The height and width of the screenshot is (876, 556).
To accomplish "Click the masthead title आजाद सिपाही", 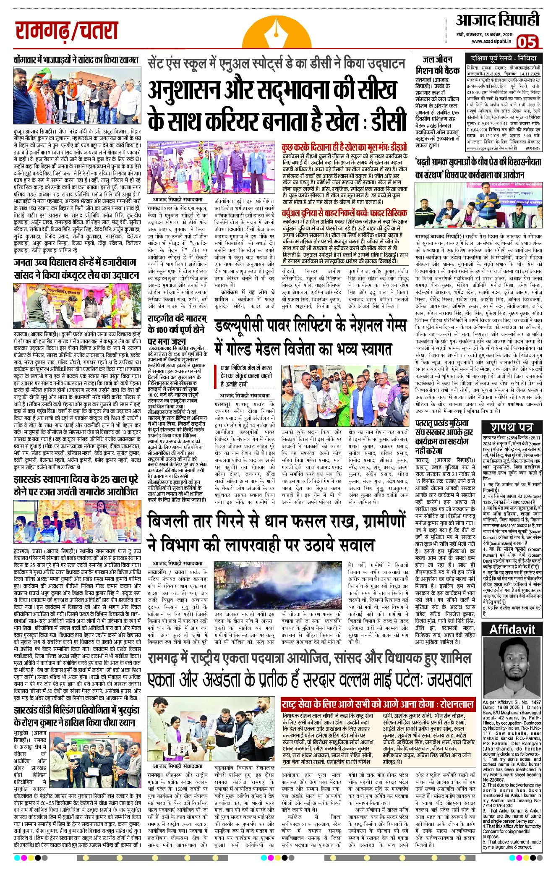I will click(498, 20).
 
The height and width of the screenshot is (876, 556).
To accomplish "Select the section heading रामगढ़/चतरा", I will click(67, 31).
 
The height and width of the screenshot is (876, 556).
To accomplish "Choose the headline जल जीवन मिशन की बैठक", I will click(437, 65).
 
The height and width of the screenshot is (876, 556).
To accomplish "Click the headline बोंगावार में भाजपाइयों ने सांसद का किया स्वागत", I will click(76, 60).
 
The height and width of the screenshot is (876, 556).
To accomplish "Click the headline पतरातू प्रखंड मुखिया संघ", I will click(441, 437).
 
